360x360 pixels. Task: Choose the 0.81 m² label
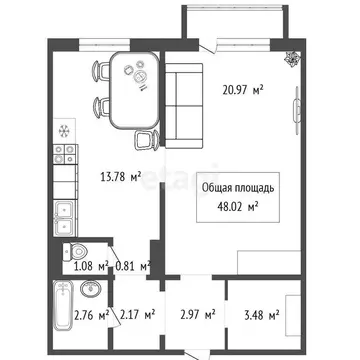(133, 266)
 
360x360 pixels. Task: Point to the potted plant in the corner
(289, 59)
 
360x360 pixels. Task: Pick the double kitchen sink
(65, 213)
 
